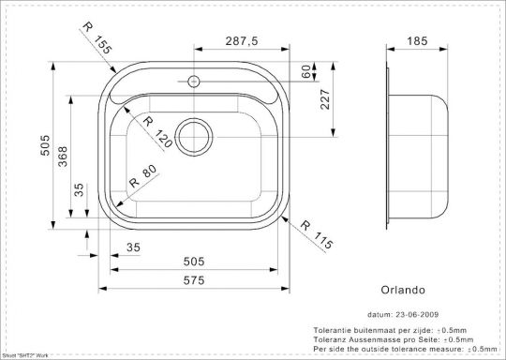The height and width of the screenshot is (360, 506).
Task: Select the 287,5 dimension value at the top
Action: (241, 40)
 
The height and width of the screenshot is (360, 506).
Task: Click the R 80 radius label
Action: (137, 176)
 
